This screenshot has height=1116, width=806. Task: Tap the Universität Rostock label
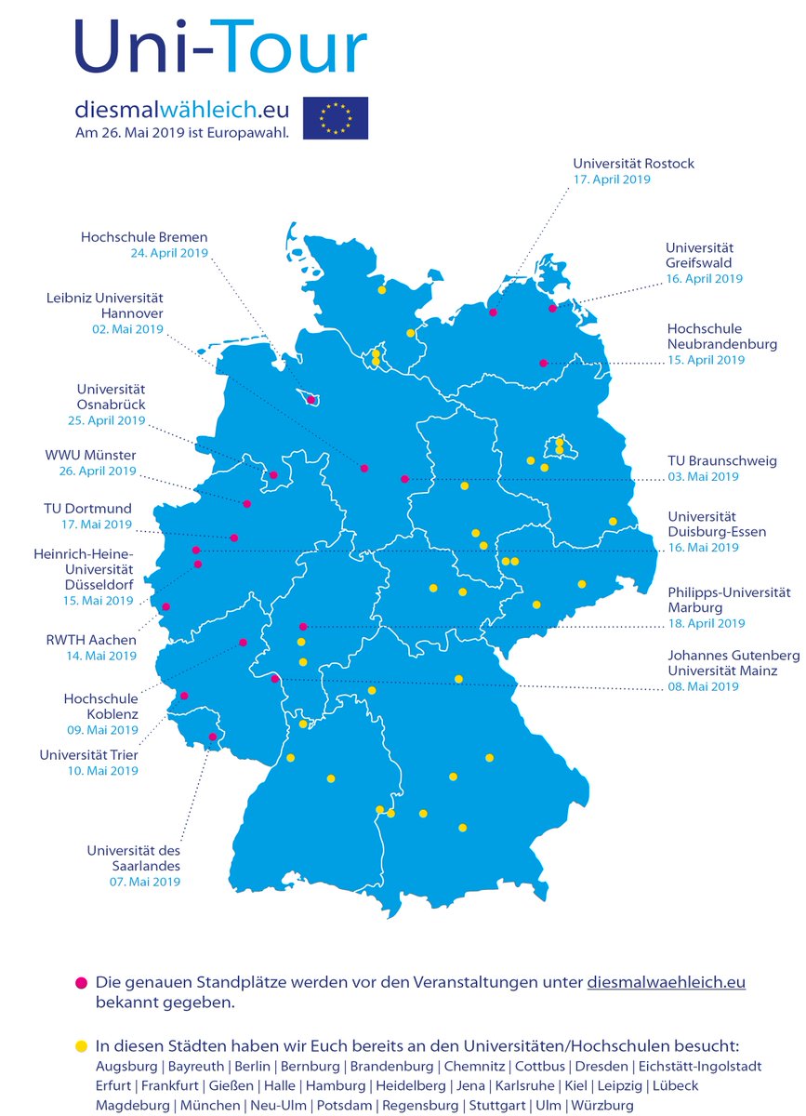coord(633,164)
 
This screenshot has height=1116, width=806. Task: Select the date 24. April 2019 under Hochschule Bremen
coord(169,252)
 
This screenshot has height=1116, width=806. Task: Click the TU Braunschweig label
coord(722,460)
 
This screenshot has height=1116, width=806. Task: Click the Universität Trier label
coord(89,755)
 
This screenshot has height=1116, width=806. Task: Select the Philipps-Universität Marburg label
coord(729,599)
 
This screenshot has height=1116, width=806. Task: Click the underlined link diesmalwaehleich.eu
coord(667,982)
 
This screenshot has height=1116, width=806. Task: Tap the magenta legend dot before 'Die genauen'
coord(81,982)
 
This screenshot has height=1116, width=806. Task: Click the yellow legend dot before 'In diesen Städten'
coord(81,1046)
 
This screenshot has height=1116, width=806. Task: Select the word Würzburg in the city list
coord(603,1105)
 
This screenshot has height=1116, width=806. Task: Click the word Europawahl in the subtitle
coord(258,132)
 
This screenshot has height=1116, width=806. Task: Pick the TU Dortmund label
coord(87,509)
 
